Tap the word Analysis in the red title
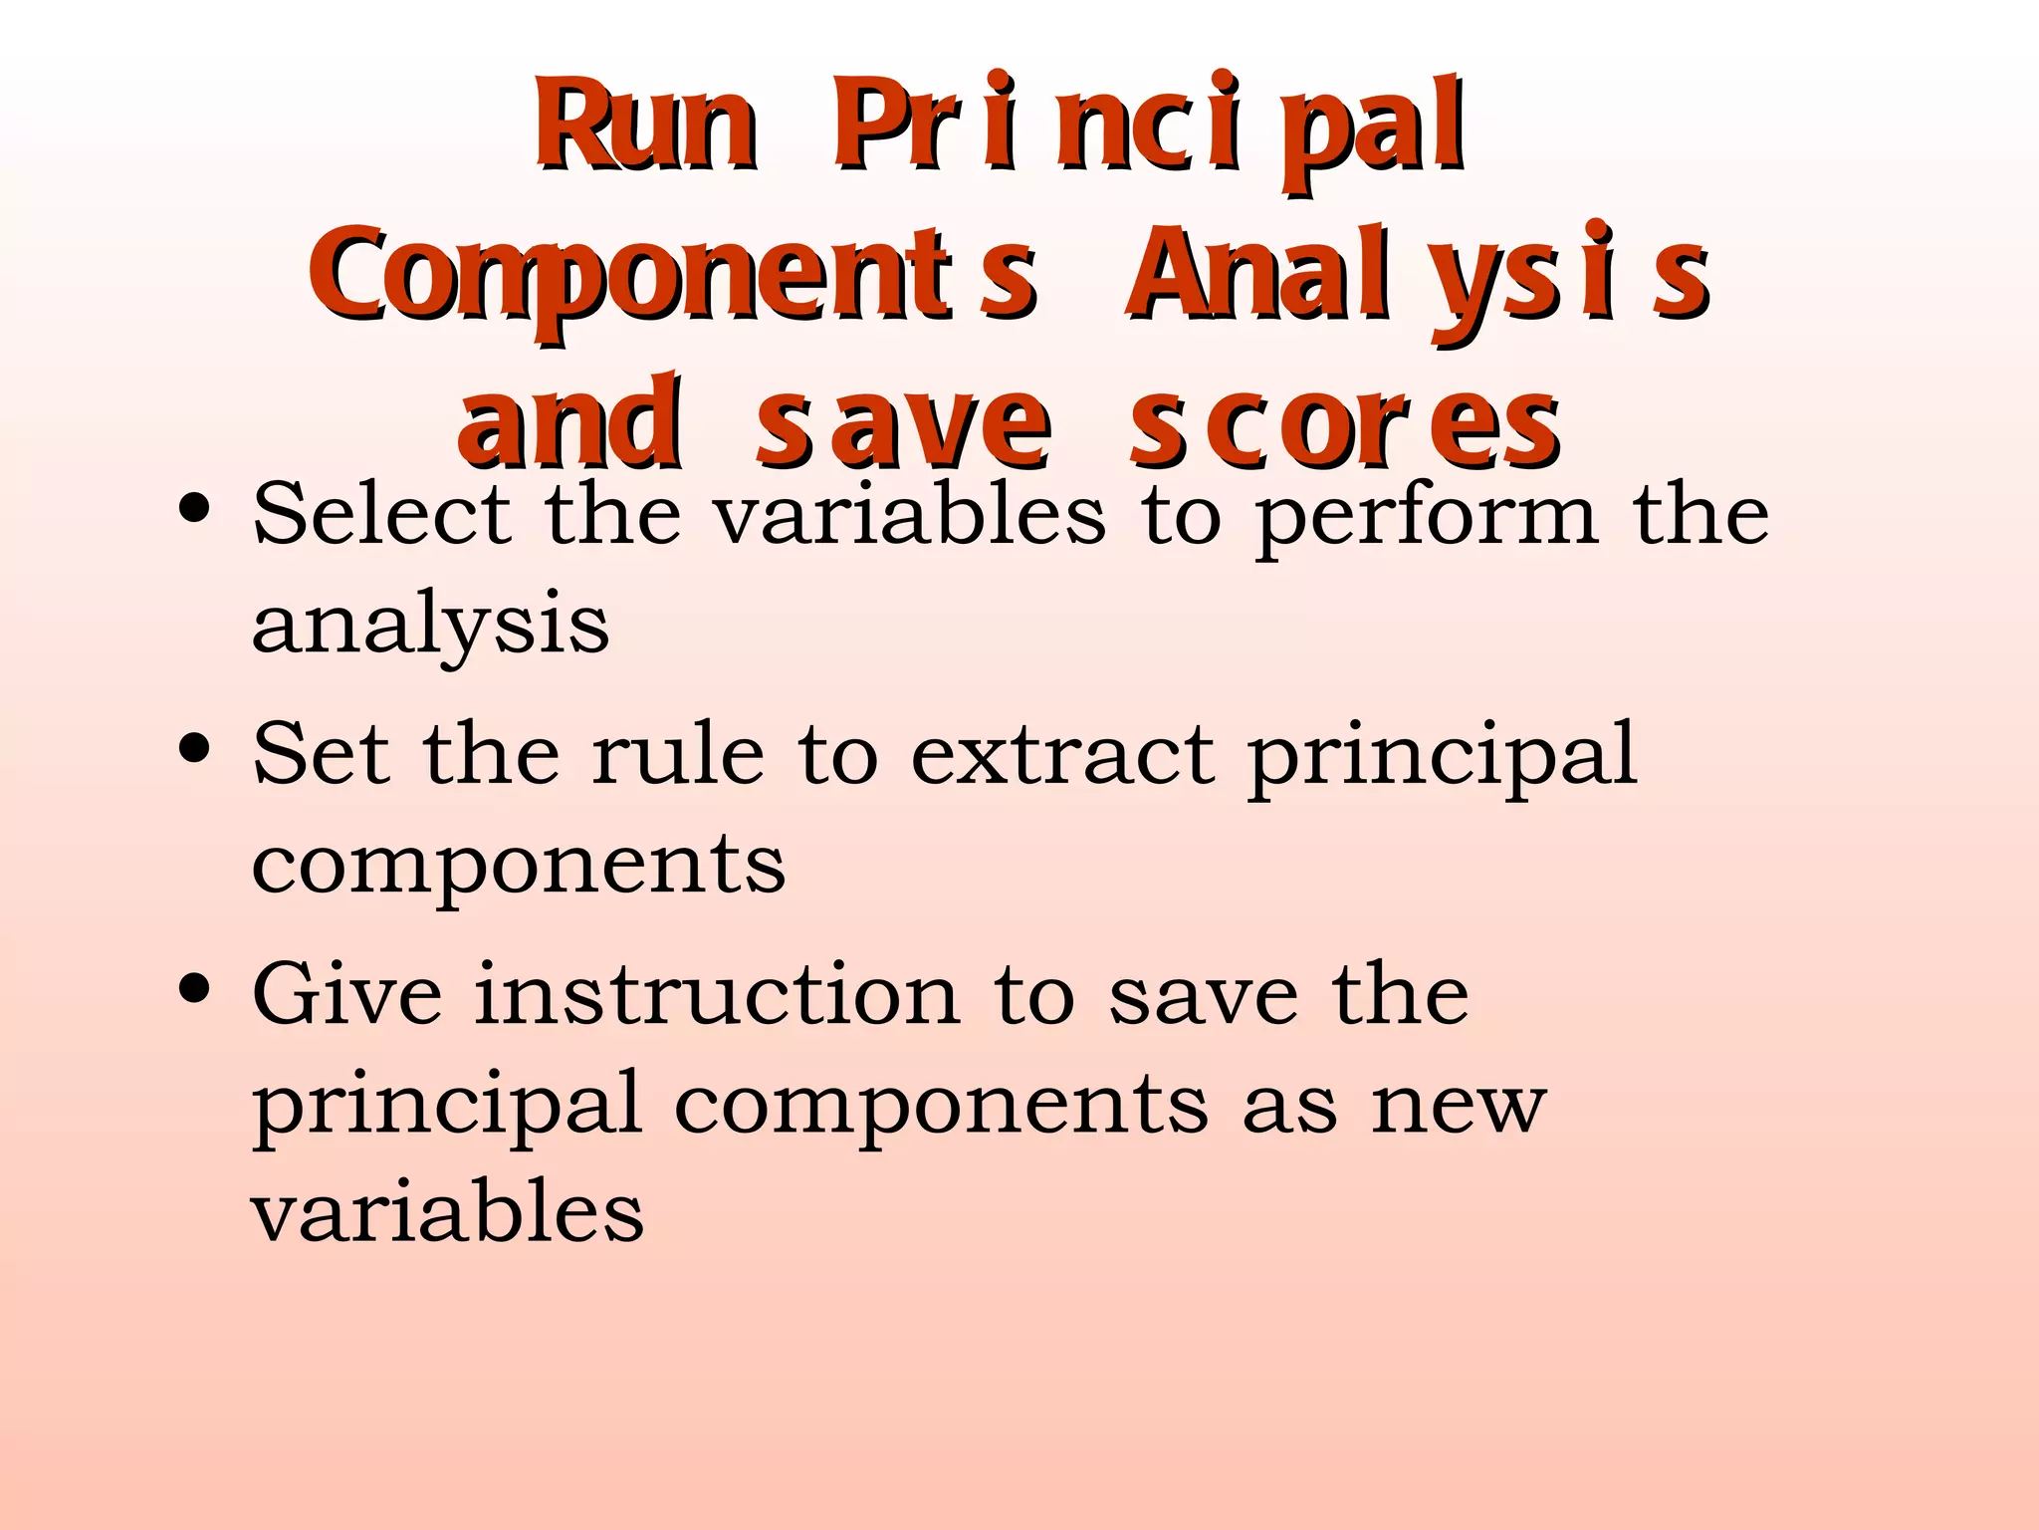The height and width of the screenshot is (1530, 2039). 1418,274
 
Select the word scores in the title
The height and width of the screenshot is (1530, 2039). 1344,426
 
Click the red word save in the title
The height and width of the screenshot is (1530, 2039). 902,426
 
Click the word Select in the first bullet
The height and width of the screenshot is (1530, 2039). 382,514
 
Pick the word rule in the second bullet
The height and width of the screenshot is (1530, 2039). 678,754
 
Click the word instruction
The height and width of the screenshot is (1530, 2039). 717,994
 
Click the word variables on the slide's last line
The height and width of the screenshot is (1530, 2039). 447,1212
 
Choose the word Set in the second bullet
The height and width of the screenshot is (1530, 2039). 321,754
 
